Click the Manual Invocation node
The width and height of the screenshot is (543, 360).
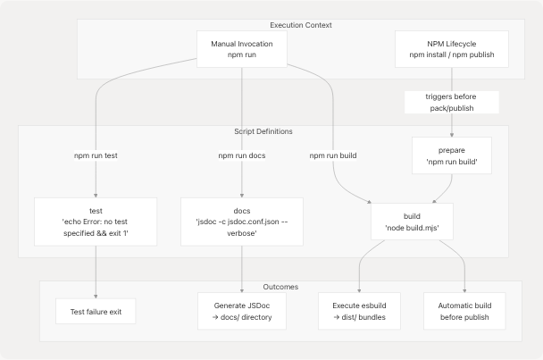tap(242, 49)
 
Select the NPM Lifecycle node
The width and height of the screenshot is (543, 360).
tap(451, 49)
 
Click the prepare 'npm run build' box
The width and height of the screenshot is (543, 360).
tap(451, 155)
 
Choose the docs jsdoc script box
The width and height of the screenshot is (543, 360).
tap(242, 221)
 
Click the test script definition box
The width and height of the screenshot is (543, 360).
tap(95, 221)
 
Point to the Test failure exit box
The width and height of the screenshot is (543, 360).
tap(95, 311)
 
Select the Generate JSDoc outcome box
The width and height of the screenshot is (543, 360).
tap(242, 311)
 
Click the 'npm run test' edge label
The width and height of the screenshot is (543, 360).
tap(95, 155)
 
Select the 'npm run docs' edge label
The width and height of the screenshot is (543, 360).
tap(242, 155)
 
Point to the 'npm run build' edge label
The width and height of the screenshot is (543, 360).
tap(333, 155)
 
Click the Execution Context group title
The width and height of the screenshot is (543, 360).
tap(301, 25)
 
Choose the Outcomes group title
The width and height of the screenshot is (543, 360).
tap(280, 287)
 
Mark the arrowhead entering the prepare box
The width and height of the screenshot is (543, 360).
tap(451, 133)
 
